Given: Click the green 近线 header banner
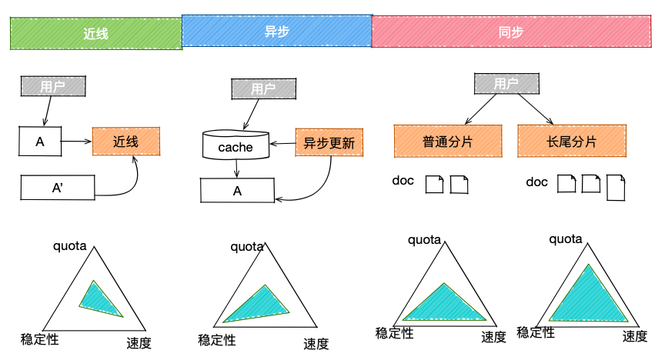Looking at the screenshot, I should click(x=96, y=34).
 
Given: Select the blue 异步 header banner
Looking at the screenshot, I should click(x=276, y=32).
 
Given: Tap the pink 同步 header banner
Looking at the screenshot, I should click(x=511, y=32).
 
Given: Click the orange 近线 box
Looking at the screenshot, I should click(x=125, y=142).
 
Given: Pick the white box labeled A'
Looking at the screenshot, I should click(x=57, y=187).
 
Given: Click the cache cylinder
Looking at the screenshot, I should click(x=236, y=145).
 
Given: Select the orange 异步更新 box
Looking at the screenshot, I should click(x=329, y=142).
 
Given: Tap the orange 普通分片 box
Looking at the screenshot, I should click(x=448, y=142).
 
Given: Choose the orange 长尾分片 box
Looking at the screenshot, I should click(x=572, y=142).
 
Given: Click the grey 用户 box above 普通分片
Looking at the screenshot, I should click(x=506, y=83).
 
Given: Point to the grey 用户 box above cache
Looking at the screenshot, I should click(x=263, y=88).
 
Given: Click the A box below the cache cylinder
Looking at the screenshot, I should click(x=237, y=190).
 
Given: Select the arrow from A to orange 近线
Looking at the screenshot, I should click(x=77, y=142).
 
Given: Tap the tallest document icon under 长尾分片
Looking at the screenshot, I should click(x=616, y=187).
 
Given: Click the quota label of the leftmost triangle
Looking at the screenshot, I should click(x=71, y=247).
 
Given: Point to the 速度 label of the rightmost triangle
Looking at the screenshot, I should click(x=635, y=335).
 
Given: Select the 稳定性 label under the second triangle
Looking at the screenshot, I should click(x=217, y=339).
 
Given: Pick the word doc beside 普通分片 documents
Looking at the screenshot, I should click(x=403, y=181).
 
